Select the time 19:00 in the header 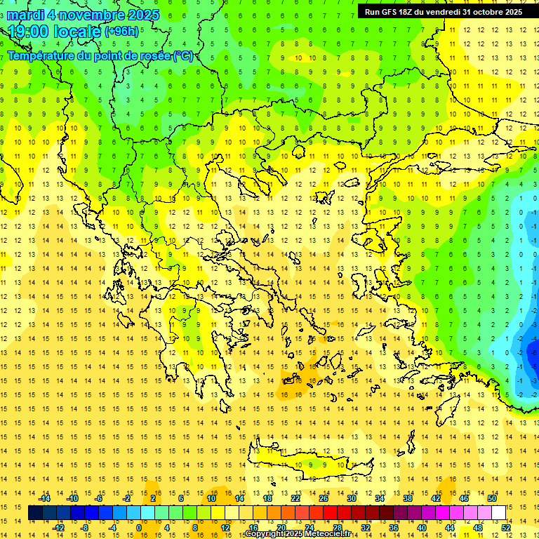point(31,32)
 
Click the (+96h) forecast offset point(121,32)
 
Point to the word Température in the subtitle point(44,55)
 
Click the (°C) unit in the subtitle point(184,55)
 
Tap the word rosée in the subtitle point(154,55)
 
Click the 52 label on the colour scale point(507,528)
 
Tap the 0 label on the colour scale point(139,528)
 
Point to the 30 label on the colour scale point(352,498)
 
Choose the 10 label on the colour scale point(211,498)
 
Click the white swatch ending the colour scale point(499,513)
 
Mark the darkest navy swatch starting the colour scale point(36,513)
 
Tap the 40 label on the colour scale point(422,528)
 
